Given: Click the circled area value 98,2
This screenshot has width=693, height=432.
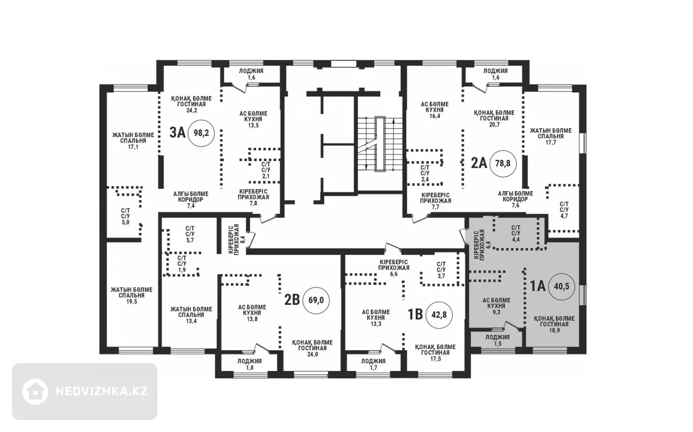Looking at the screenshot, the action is tap(201, 133).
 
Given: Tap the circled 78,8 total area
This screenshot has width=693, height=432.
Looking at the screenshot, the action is tap(503, 163).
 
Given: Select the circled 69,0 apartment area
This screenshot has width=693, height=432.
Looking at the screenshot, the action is tap(316, 301).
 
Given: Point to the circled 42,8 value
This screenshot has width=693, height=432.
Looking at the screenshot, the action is tap(439, 315).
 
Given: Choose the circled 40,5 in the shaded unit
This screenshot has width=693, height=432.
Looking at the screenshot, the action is tap(562, 287).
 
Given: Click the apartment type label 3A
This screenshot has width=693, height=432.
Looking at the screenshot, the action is tap(177, 133).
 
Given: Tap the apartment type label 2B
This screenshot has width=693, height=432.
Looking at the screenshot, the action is tap(292, 300).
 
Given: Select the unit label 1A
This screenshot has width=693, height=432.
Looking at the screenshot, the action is tap(538, 286).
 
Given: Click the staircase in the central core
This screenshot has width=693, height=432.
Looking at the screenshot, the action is tap(380, 144).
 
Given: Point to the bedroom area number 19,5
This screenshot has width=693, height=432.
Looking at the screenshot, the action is tap(131, 301).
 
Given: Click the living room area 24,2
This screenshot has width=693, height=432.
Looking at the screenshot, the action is tap(192, 110).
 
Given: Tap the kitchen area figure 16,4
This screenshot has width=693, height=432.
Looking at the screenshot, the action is tap(435, 116).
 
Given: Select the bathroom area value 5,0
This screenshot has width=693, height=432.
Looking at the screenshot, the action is tap(125, 223).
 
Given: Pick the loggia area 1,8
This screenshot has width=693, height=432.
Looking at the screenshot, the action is tap(249, 367).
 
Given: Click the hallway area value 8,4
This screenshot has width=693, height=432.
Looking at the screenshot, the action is tap(243, 239).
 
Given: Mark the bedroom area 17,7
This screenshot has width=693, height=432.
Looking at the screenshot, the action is tap(551, 143).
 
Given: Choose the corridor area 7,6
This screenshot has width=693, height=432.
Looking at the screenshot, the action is tap(515, 205).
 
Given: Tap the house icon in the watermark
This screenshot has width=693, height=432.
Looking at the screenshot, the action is tap(35, 392).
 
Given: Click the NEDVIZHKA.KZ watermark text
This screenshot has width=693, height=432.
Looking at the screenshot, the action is tap(102, 392).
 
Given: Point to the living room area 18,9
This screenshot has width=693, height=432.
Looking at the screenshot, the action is tap(554, 330).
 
